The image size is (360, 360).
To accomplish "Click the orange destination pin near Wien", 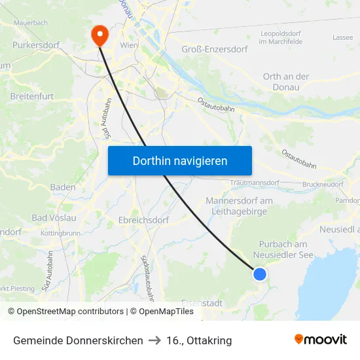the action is tap(99, 35).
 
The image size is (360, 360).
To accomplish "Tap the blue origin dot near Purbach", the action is tap(260, 274).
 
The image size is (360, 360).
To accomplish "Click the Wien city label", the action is tap(129, 45).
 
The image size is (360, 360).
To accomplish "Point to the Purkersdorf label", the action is tap(36, 46).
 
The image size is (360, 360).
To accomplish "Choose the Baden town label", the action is tap(63, 187).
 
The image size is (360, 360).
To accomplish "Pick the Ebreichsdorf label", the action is tap(144, 220).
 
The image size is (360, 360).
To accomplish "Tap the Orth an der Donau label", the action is tap(286, 81).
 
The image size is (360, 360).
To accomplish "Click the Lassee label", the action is tap(342, 37).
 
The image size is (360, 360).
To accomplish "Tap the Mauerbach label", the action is tap(30, 22).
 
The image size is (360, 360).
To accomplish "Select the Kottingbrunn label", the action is tap(60, 233).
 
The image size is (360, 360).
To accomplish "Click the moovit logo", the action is tap(321, 340).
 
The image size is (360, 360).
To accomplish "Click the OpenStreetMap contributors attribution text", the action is tap(66, 312).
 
